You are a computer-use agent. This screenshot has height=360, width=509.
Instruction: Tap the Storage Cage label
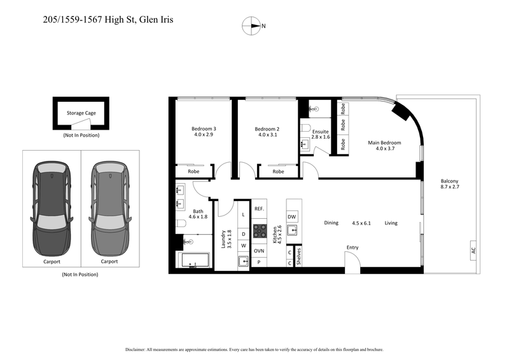[x=81, y=113]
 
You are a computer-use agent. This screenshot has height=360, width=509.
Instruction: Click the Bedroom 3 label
[x=204, y=129]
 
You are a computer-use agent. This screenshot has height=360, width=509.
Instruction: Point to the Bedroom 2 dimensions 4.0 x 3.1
[x=267, y=135]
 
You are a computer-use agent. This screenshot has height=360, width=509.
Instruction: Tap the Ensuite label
[x=320, y=131]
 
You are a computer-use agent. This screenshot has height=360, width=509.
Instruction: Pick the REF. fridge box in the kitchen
[x=259, y=209]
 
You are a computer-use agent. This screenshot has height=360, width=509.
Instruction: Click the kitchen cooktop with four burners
[x=260, y=230]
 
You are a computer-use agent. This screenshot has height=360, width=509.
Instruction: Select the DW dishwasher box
[x=292, y=217]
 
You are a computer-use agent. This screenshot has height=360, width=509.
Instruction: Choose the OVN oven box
[x=259, y=251]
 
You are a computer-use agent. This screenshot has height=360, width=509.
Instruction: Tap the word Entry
[x=352, y=247]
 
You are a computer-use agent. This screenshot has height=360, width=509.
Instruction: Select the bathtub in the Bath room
[x=193, y=261]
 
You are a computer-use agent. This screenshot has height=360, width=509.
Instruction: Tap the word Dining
[x=331, y=223]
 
